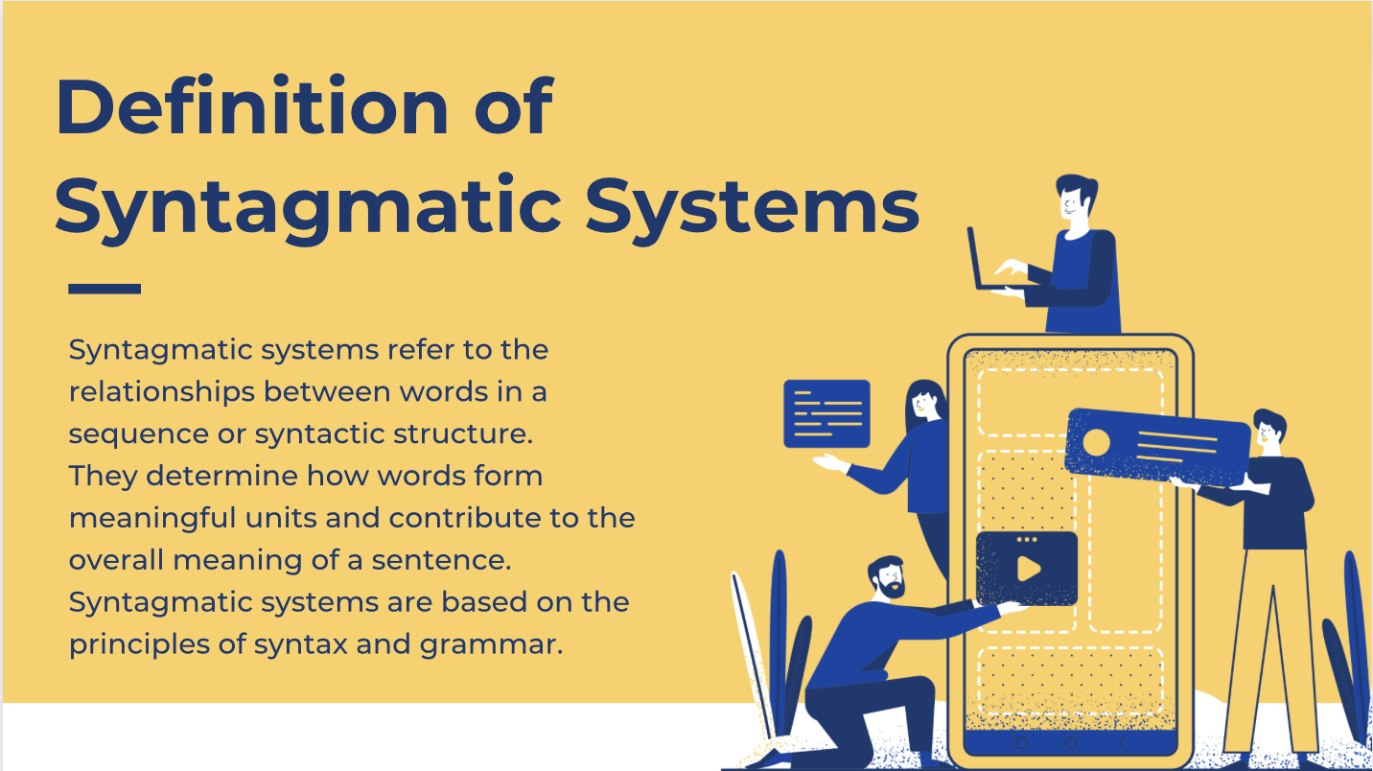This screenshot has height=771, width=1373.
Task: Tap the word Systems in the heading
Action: (x=752, y=207)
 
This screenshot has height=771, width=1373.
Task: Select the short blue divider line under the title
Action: (x=105, y=289)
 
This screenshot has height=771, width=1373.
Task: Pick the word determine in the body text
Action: (x=221, y=476)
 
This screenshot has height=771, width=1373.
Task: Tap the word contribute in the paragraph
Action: (x=465, y=518)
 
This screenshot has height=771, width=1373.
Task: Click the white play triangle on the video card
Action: (x=1029, y=569)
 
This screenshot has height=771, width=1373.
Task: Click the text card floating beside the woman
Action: (x=826, y=413)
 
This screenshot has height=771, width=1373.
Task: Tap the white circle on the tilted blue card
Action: (x=1096, y=442)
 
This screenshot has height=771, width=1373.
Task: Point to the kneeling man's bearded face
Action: (x=888, y=579)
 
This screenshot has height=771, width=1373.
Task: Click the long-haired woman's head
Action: (x=924, y=402)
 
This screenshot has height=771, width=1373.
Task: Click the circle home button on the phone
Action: (x=1071, y=743)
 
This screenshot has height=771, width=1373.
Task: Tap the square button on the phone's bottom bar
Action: (x=1022, y=743)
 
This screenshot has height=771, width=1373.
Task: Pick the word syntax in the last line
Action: (x=301, y=645)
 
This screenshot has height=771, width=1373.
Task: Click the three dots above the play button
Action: (x=1027, y=540)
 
